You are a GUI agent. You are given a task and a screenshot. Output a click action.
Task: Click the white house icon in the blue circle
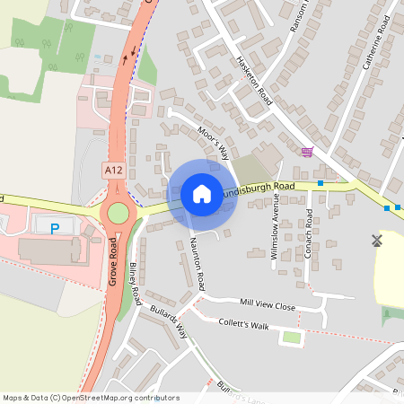[x=202, y=193]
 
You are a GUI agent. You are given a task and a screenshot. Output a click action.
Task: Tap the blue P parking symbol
[x=54, y=229]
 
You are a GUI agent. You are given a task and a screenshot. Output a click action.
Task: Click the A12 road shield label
[x=113, y=169]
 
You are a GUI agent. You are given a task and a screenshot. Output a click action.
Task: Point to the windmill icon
[x=377, y=240]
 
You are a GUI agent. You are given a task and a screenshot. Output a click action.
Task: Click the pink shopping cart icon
[x=308, y=153]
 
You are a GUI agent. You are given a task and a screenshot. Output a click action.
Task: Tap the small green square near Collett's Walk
[x=292, y=338]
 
